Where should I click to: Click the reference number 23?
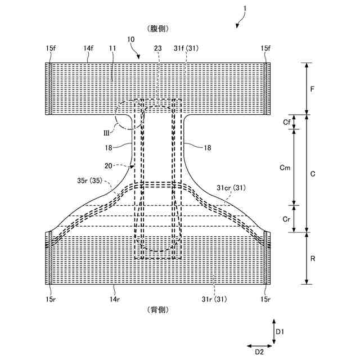click(159, 49)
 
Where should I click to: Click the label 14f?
click(89, 49)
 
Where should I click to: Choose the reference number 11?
click(112, 49)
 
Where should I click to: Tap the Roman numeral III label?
click(105, 133)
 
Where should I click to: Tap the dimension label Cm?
click(285, 167)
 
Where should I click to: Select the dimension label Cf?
click(286, 121)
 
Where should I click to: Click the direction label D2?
click(259, 352)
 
